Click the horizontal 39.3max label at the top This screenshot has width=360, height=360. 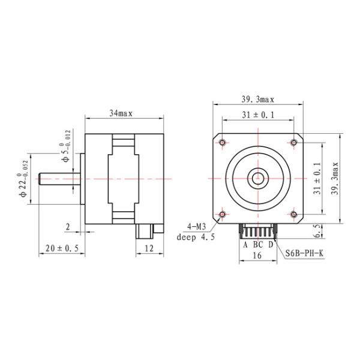(x=258, y=99)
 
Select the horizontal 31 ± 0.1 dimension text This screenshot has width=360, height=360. (x=258, y=114)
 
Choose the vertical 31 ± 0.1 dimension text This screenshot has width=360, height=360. (x=319, y=178)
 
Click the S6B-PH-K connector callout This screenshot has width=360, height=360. (x=305, y=253)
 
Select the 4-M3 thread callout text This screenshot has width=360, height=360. (x=196, y=227)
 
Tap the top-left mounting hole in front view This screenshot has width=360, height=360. (x=223, y=143)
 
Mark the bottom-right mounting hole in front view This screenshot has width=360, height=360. (x=293, y=214)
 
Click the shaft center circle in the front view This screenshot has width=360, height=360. (x=258, y=178)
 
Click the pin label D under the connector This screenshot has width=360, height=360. (x=271, y=244)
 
